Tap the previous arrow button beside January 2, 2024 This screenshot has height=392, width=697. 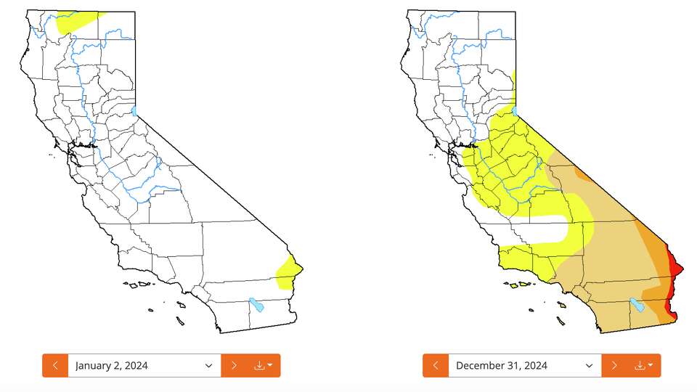pos(55,365)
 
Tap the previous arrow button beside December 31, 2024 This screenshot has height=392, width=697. pos(436,365)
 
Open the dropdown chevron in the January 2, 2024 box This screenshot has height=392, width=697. pos(209,365)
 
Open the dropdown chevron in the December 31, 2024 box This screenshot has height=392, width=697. pos(590,365)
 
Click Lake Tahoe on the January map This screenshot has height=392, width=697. pos(135,110)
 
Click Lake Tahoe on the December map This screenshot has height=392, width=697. pos(515,110)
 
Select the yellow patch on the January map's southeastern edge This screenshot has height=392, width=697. pos(289,273)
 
